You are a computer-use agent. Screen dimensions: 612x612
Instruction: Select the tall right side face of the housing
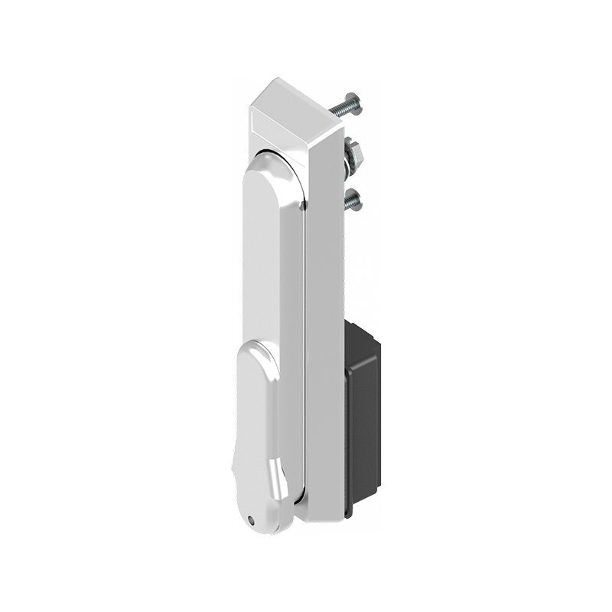click(324, 321)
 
